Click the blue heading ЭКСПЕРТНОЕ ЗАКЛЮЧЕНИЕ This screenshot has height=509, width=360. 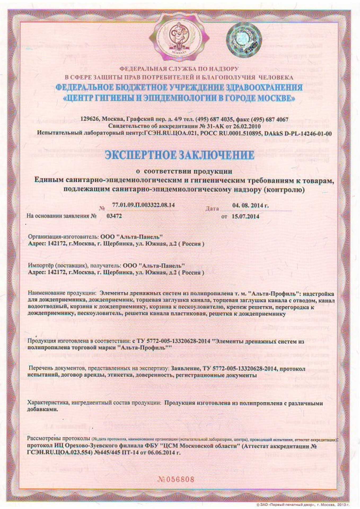tap(179, 155)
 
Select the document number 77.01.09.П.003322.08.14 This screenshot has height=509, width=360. tap(143, 205)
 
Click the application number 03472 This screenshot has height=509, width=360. tap(114, 216)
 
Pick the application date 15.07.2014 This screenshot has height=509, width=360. tap(245, 216)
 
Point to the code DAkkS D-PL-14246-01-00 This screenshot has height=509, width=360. tap(298, 133)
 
